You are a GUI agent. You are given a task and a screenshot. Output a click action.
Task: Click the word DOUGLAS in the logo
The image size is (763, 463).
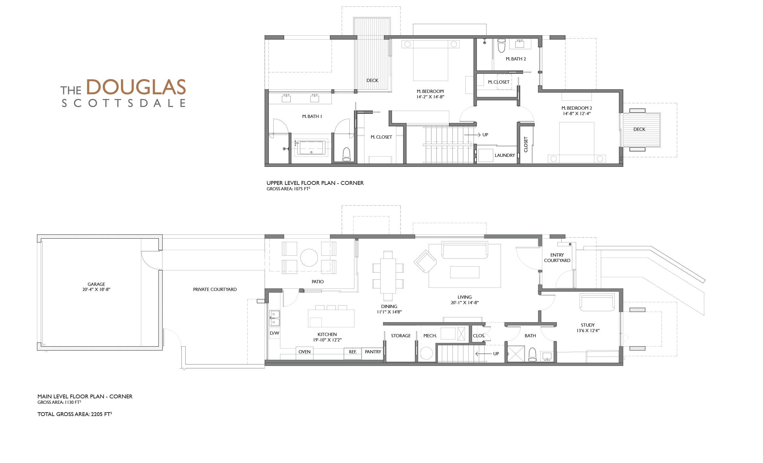click(136, 87)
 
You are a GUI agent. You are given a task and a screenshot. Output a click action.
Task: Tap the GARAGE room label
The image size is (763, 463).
click(96, 284)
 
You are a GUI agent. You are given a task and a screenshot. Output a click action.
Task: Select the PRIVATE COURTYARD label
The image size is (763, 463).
click(215, 289)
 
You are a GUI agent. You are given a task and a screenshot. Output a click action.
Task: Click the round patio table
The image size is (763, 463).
click(309, 257)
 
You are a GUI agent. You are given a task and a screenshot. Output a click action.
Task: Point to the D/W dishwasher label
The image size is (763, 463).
click(274, 333)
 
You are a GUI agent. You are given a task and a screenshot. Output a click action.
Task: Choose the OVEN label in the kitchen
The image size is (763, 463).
click(304, 352)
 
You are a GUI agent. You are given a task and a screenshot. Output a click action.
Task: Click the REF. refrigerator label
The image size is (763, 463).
click(353, 352)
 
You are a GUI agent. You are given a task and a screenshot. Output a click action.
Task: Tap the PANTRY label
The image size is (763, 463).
click(373, 352)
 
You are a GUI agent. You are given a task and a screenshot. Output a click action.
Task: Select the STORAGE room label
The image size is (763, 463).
click(401, 336)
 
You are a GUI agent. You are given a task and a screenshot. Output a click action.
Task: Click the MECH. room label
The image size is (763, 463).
click(430, 336)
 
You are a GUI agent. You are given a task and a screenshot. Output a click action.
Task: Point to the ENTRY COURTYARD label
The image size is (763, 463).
click(557, 258)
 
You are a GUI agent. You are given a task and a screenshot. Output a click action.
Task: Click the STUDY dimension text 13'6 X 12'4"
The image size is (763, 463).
click(588, 331)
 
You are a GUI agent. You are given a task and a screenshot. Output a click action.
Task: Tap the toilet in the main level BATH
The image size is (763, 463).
click(532, 354)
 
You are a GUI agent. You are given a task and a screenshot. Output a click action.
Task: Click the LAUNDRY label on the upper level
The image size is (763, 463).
click(505, 155)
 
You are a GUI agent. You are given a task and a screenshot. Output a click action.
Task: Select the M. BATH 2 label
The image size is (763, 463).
click(516, 59)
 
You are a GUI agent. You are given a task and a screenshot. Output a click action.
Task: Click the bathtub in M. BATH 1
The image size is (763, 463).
click(311, 148)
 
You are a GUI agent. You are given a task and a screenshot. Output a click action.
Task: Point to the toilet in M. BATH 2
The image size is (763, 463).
click(501, 46)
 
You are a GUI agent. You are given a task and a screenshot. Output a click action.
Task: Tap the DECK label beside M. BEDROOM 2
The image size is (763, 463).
click(639, 129)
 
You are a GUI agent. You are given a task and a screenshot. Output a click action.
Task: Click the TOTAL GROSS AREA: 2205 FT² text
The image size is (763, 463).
click(75, 414)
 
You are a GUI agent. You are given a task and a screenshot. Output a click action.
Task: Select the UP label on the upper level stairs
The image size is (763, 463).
click(485, 135)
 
